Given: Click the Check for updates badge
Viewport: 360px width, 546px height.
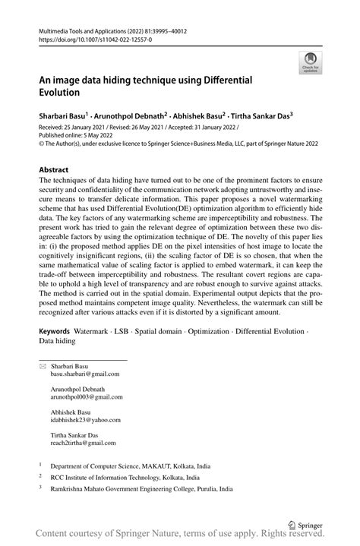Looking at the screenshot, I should (x=310, y=63).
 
